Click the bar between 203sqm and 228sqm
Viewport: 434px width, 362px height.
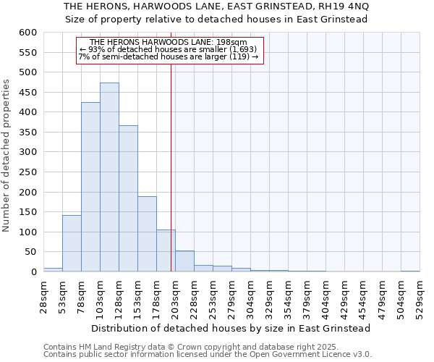click(184, 261)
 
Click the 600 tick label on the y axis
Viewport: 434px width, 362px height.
click(27, 33)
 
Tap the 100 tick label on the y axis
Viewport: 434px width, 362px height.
click(27, 232)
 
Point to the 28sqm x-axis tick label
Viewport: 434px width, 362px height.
click(43, 296)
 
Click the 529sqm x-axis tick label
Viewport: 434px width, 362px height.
click(420, 296)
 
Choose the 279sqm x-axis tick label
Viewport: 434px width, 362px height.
click(231, 296)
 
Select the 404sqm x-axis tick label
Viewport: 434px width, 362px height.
click(325, 296)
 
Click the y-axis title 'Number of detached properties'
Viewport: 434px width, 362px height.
click(7, 155)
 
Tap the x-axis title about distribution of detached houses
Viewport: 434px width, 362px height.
click(231, 328)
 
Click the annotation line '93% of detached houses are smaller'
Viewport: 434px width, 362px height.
click(169, 49)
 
